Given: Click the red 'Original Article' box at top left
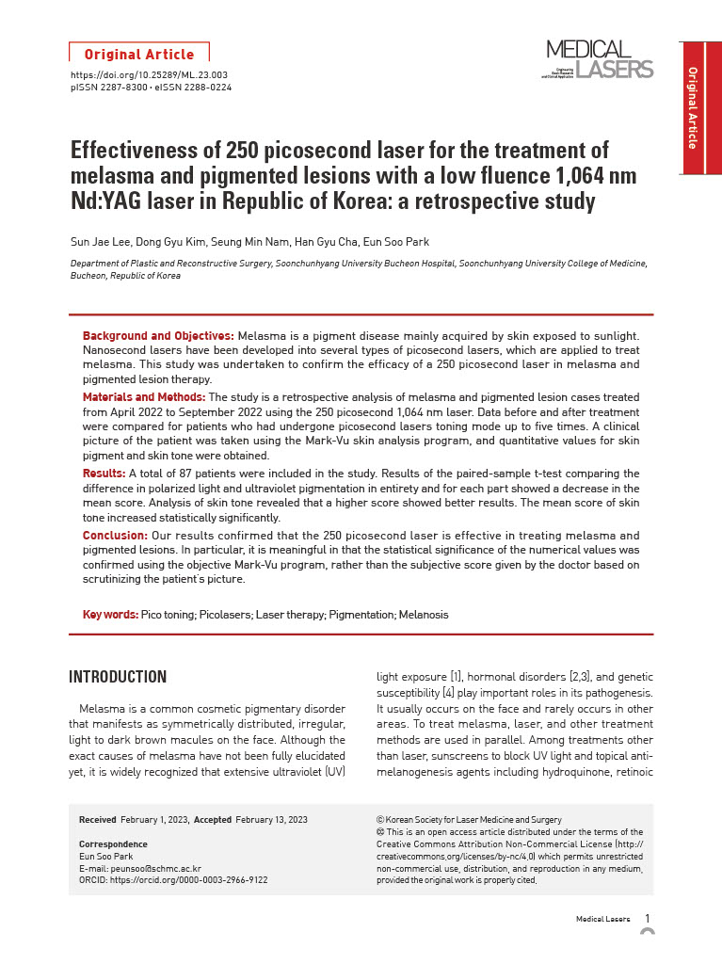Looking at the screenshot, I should point(139,54).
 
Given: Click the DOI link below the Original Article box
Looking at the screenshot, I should point(150,74).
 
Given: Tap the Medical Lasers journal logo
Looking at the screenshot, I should point(599,59).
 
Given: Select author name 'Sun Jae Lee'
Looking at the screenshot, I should point(100,242).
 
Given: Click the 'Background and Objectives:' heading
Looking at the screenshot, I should point(158,336).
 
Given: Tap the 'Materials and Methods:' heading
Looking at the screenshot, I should point(143,398).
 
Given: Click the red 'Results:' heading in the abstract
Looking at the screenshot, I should point(104,473).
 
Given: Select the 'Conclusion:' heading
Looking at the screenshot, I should point(116,535).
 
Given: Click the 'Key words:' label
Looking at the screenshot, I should point(110,615).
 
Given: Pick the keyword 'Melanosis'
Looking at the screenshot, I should point(424,615).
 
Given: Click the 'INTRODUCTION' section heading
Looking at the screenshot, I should point(118,677).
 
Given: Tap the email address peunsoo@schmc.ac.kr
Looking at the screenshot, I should point(140,868).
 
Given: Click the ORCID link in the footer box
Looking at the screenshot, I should point(173,880).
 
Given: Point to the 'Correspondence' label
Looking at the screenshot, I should point(113,844).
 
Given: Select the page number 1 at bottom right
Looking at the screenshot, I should point(648,918).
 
